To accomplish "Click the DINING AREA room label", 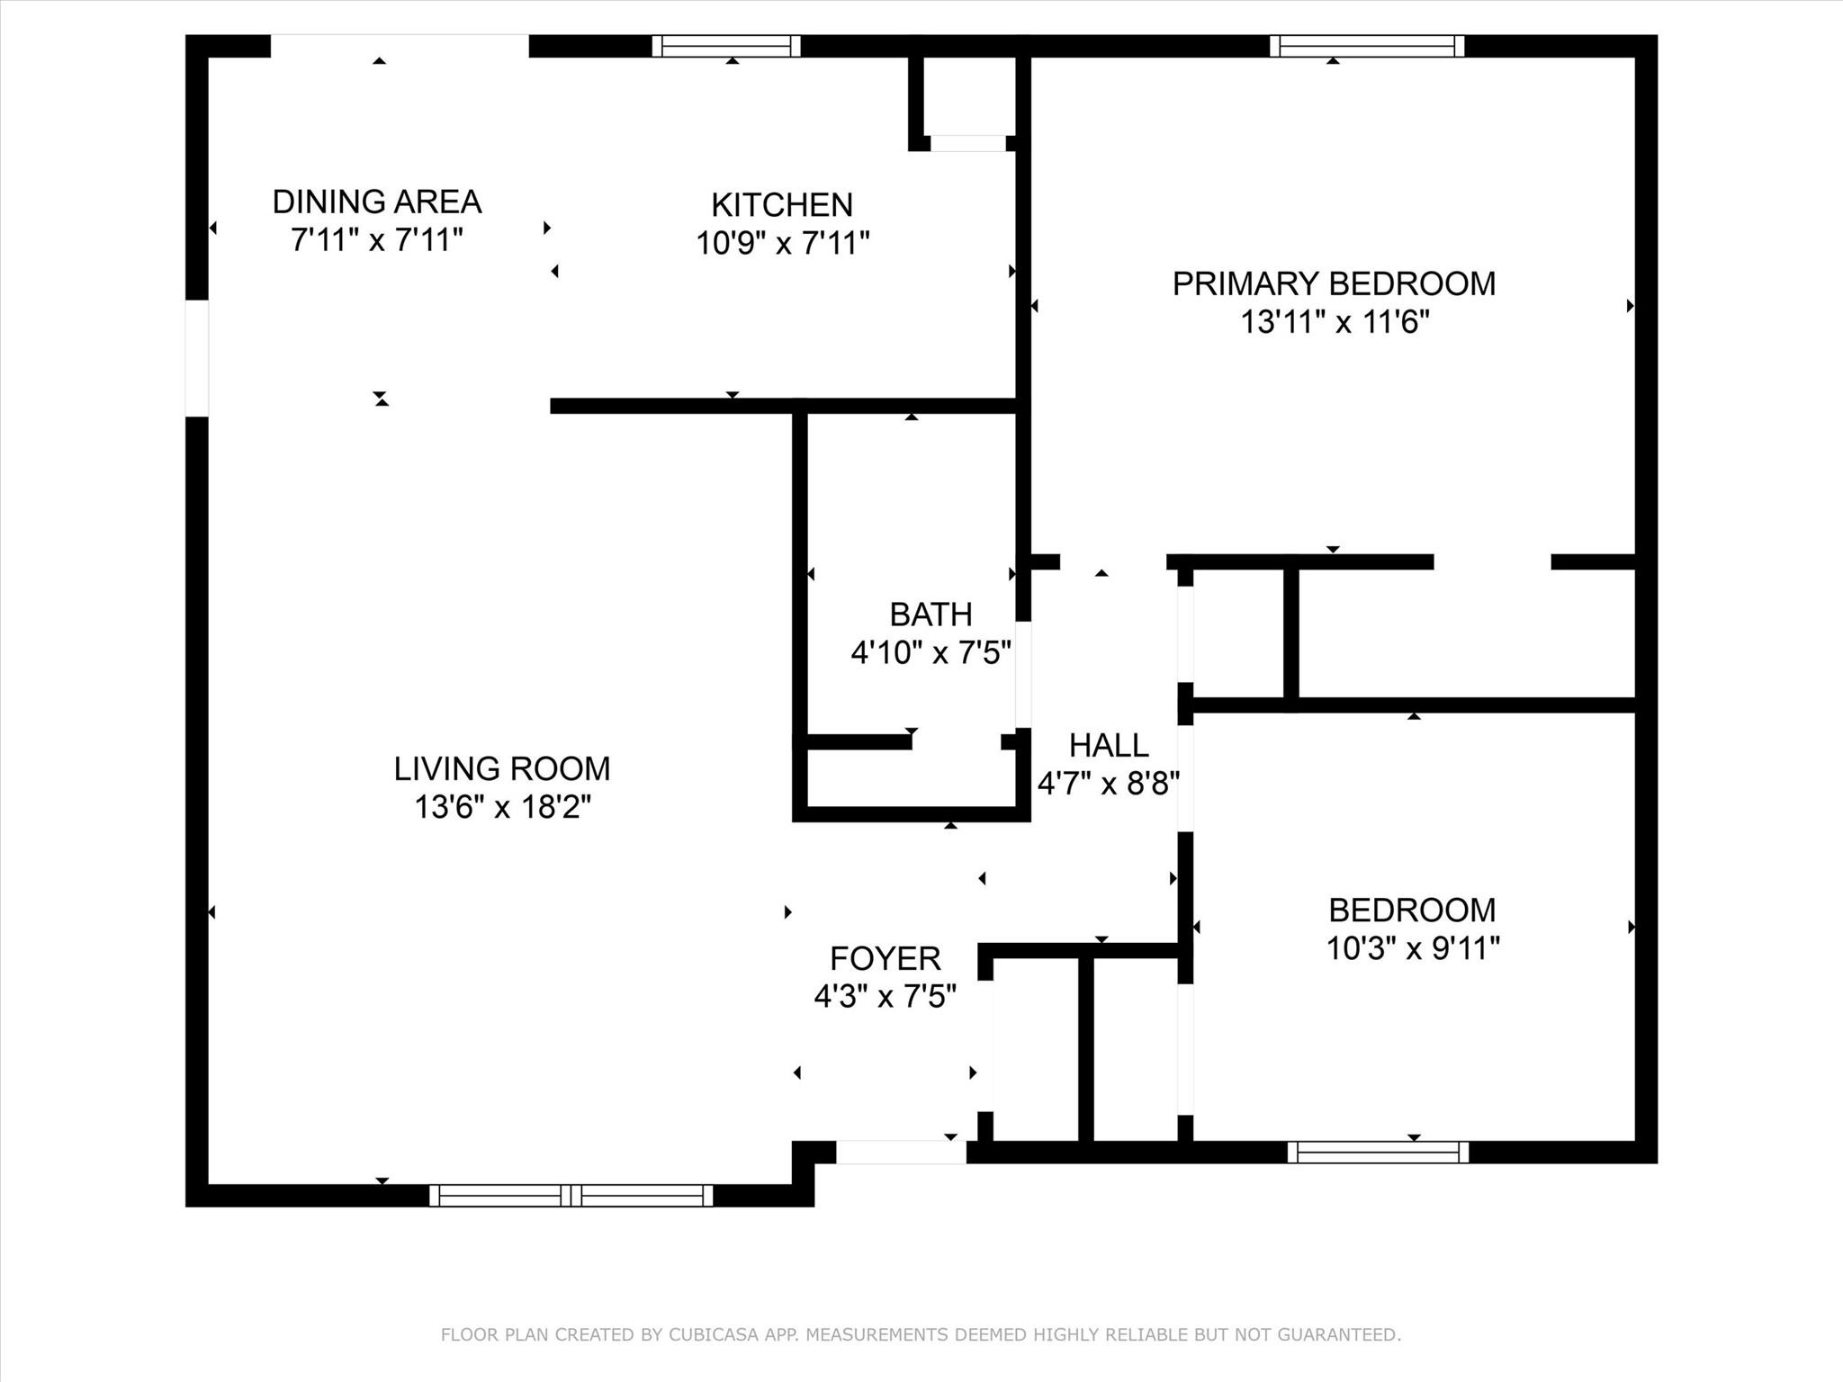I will point(377,202).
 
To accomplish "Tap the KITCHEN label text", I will point(782,205).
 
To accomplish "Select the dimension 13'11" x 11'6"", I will point(1335,322).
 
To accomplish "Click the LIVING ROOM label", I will point(502,768).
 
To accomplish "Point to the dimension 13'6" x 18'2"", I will point(502,807).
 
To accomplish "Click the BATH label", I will point(930,615).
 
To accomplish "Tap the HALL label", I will point(1109,745).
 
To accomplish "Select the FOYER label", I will point(885,958).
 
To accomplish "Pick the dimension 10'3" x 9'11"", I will point(1413,948).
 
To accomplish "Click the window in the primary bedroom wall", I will point(1367,46).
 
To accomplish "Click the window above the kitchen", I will point(726,46).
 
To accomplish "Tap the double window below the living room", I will point(571,1195).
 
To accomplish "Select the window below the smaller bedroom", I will point(1378,1152).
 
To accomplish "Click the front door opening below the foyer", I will point(901,1152).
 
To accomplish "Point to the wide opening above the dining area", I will point(400,46).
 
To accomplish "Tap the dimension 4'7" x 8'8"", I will point(1109,784).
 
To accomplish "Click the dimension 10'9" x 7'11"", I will point(782,244).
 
